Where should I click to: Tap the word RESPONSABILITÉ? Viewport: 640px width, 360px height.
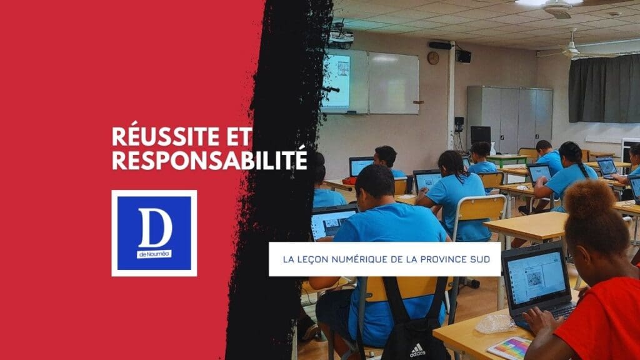(209, 159)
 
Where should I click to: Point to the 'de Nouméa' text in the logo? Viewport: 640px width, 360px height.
(154, 254)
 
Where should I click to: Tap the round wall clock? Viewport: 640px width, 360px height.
(432, 58)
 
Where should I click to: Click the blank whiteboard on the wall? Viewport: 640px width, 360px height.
(392, 82)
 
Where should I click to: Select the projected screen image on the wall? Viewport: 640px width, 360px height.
(336, 82)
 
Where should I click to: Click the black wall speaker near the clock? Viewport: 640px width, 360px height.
(463, 56)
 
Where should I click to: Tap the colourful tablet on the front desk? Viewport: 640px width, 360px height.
(509, 347)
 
